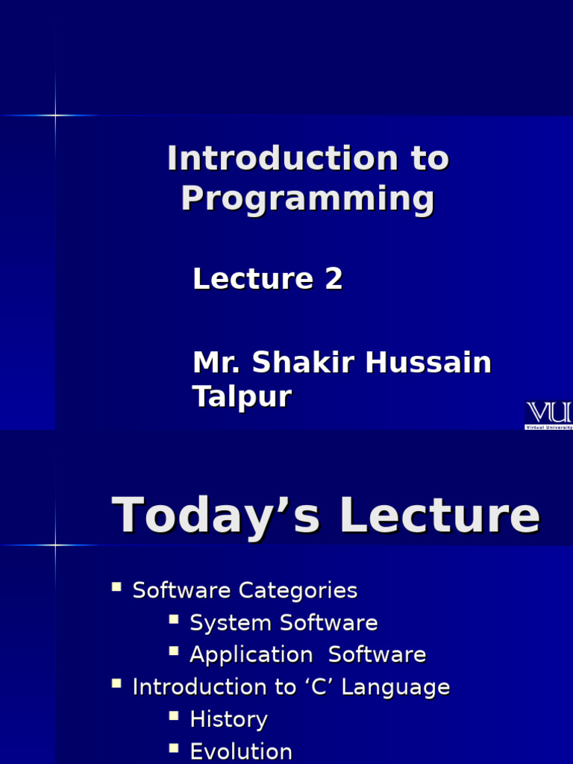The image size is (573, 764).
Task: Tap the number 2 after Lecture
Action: click(x=334, y=279)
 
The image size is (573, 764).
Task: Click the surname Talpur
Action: click(x=242, y=396)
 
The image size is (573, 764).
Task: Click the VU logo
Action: click(x=549, y=414)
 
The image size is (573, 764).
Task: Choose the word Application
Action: click(x=251, y=655)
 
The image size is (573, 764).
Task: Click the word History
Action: click(x=228, y=719)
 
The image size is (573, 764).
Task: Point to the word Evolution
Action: click(x=241, y=751)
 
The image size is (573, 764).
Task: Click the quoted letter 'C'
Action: click(x=323, y=687)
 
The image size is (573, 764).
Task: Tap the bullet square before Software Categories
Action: click(x=116, y=587)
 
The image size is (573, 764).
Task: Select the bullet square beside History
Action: click(x=174, y=716)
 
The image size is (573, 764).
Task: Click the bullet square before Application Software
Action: click(x=174, y=651)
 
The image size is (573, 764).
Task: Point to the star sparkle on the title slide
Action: click(x=55, y=115)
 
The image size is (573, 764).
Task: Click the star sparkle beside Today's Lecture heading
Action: click(x=55, y=545)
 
